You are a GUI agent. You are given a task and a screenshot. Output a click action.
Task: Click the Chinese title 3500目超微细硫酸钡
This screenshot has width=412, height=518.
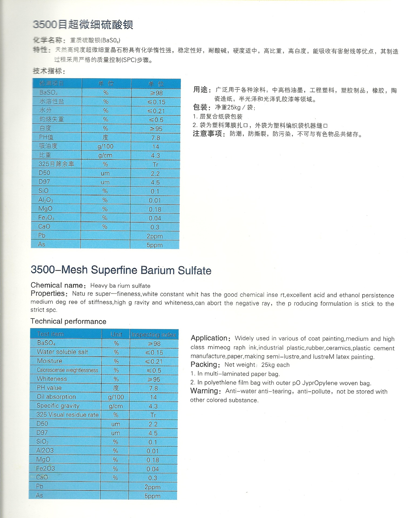tap(83, 25)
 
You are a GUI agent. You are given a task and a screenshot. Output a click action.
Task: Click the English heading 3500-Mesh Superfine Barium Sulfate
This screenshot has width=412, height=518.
tap(121, 270)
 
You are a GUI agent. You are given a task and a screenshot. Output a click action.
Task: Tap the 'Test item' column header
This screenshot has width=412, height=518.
tap(50, 334)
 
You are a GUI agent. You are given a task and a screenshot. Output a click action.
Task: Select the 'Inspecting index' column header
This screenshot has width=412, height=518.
tap(153, 335)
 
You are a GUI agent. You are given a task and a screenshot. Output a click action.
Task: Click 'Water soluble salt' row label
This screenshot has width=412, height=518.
tap(62, 352)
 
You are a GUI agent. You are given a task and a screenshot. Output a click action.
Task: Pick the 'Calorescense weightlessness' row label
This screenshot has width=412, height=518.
tap(67, 370)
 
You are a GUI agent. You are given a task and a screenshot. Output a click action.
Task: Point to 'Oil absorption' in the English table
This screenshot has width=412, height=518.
tap(56, 397)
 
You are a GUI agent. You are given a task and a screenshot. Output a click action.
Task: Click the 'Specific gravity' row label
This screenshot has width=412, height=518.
tap(58, 405)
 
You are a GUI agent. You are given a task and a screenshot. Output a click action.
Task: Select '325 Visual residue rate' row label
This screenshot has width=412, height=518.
tap(67, 415)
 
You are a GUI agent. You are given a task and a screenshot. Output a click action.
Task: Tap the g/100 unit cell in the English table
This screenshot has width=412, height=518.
tap(116, 397)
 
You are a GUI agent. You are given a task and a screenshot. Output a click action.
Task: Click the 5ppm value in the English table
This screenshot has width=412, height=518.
tap(152, 496)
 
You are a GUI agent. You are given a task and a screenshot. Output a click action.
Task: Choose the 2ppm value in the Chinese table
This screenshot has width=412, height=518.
tap(155, 236)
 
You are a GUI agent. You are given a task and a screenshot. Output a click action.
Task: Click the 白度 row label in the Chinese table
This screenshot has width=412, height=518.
tap(45, 128)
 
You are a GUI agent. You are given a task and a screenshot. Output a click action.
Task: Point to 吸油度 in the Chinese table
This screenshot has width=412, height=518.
tap(48, 146)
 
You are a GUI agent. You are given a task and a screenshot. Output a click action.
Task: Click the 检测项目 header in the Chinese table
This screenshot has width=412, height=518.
tap(51, 83)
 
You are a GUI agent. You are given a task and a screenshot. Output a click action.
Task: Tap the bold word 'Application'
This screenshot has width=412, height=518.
tap(209, 338)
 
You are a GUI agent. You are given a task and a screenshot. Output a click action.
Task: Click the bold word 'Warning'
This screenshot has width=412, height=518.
tap(204, 391)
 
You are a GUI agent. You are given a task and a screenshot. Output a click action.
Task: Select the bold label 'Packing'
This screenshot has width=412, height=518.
tap(204, 364)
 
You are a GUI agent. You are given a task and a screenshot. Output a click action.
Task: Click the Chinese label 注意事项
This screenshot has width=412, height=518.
tap(207, 134)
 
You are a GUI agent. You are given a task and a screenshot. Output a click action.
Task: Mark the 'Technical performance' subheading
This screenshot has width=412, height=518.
tap(68, 321)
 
